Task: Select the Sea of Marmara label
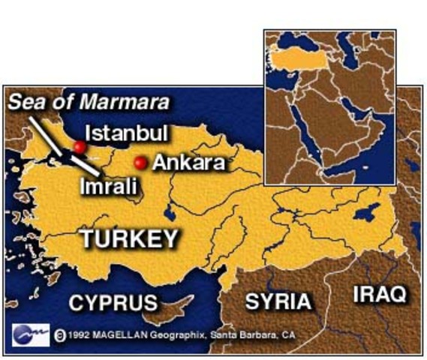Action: [89, 101]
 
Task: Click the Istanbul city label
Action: [126, 133]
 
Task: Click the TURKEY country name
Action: [130, 239]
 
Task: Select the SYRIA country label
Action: [278, 301]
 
